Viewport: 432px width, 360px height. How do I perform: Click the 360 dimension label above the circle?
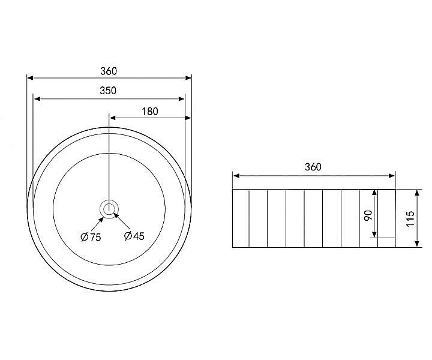109,71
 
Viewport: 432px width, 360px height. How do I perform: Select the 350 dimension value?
108,91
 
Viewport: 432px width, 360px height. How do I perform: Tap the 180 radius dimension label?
150,112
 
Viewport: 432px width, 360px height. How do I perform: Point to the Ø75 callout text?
91,237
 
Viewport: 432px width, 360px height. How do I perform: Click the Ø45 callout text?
134,236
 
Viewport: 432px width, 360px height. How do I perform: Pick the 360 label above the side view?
313,167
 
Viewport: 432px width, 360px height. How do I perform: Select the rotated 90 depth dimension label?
368,215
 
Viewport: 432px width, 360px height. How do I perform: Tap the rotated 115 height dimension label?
410,218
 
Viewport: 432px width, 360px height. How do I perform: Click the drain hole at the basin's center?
109,209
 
